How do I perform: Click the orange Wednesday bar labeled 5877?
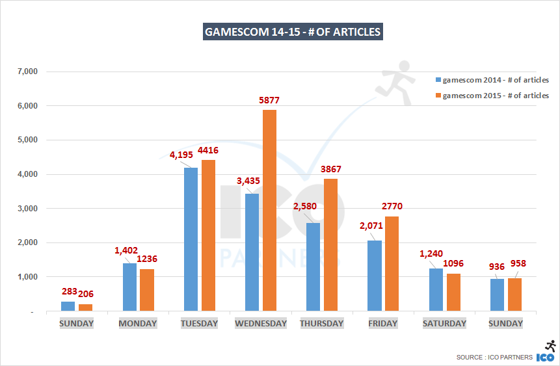pyautogui.click(x=269, y=211)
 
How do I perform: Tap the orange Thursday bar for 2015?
pyautogui.click(x=330, y=245)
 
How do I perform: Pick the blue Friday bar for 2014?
pyautogui.click(x=374, y=276)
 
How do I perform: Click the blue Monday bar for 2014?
pyautogui.click(x=129, y=287)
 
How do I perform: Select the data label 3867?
pyautogui.click(x=329, y=169)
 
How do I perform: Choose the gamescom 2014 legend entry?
pyautogui.click(x=492, y=80)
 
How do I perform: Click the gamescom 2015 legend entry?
pyautogui.click(x=492, y=96)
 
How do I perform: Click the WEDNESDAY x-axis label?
pyautogui.click(x=260, y=324)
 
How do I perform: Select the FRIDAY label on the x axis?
pyautogui.click(x=383, y=324)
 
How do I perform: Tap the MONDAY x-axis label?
pyautogui.click(x=137, y=324)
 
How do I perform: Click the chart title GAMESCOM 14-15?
pyautogui.click(x=292, y=31)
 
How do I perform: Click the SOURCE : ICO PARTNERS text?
pyautogui.click(x=494, y=357)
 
